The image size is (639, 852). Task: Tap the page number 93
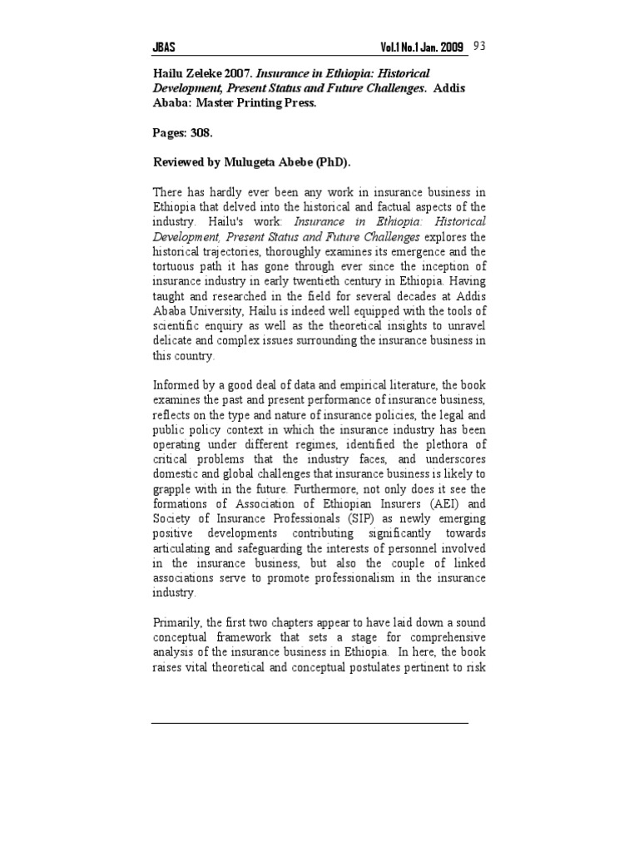click(480, 46)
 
